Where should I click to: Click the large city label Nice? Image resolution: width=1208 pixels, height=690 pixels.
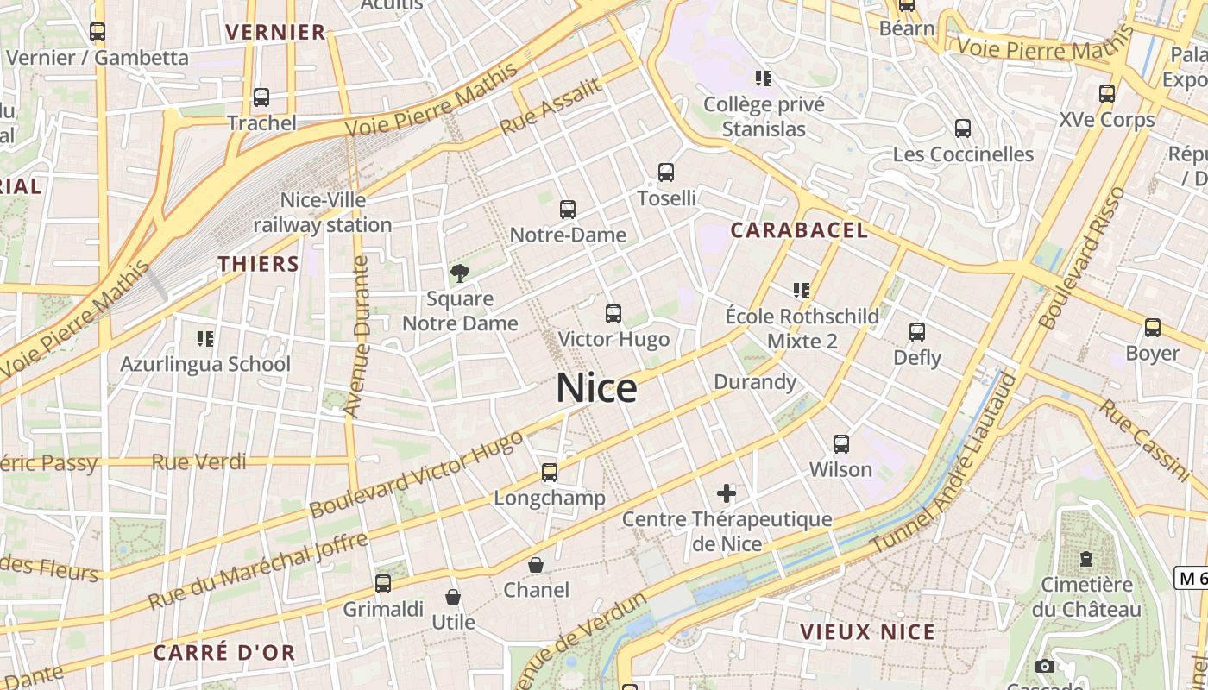[596, 388]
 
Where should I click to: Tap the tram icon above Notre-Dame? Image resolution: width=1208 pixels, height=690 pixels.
[567, 209]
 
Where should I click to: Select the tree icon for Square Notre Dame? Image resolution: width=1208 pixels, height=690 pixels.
[460, 273]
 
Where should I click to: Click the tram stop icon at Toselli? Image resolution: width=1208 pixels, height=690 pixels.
[666, 172]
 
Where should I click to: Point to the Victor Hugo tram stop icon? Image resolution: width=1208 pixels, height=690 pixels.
[613, 313]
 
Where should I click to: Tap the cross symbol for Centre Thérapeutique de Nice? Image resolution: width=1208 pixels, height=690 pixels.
[727, 493]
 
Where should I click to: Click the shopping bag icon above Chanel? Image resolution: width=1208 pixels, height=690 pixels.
[536, 565]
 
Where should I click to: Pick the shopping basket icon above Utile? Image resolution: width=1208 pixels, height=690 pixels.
[452, 596]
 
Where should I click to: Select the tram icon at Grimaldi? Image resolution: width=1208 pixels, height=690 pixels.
[383, 584]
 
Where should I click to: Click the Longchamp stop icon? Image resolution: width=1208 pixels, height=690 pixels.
[550, 473]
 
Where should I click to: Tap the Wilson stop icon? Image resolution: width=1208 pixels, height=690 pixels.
[841, 444]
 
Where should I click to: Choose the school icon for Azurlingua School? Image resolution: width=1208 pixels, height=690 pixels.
[205, 338]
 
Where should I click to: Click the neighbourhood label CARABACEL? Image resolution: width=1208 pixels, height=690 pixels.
[799, 230]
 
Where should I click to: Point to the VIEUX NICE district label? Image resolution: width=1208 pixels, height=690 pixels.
[867, 631]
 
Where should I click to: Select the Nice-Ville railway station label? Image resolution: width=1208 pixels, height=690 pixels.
[323, 213]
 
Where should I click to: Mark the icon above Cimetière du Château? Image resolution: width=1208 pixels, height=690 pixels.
[1086, 559]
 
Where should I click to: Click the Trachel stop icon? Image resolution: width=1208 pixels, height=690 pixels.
[261, 97]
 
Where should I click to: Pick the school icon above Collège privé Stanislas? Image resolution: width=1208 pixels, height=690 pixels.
[763, 78]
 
